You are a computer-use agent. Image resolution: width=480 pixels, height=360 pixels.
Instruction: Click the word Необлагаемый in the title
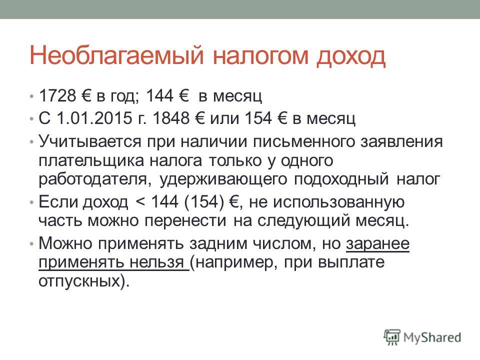click(x=116, y=55)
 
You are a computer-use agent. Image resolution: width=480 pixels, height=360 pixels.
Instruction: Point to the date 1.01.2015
click(x=94, y=118)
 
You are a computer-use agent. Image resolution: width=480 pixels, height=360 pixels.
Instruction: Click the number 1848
click(x=171, y=118)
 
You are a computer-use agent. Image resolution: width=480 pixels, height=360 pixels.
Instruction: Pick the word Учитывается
click(x=90, y=141)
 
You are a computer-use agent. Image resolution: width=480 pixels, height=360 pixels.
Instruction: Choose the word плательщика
click(x=91, y=160)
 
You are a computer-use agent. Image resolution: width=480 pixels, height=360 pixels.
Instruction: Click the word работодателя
click(x=95, y=179)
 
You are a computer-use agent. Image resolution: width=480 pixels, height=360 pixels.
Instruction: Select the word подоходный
click(x=341, y=179)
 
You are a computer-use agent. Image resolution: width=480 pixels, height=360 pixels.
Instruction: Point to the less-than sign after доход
click(x=140, y=202)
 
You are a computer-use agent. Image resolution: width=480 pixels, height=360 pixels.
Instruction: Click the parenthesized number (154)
click(x=204, y=201)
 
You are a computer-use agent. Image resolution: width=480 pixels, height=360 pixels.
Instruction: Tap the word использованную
click(x=338, y=202)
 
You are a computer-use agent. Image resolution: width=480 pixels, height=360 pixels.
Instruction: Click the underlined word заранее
click(x=378, y=243)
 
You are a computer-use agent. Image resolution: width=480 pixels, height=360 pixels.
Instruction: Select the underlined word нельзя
click(x=156, y=262)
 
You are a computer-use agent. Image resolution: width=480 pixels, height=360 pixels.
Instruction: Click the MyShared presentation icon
click(x=392, y=337)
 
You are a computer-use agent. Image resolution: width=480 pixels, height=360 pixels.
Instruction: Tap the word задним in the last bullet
click(x=218, y=243)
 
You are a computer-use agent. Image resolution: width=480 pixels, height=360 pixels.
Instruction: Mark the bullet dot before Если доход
click(x=31, y=202)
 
